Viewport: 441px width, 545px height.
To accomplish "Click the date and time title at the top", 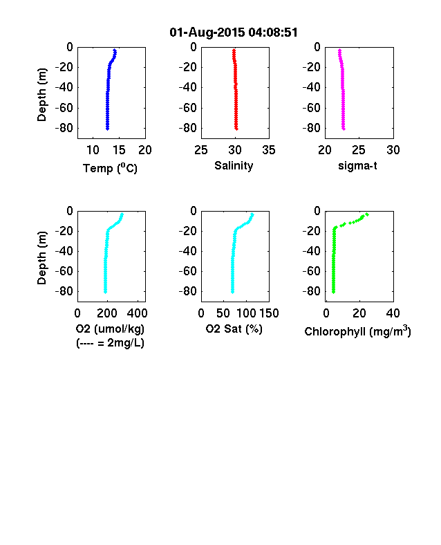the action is tap(234, 33).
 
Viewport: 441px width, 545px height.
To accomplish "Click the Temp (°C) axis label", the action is tap(110, 168).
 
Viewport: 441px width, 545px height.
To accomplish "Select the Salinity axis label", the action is tap(234, 165).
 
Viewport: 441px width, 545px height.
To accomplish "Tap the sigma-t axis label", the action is tap(357, 166).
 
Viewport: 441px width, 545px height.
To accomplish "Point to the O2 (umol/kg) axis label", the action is tap(110, 329).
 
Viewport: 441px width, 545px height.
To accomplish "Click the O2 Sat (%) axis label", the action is tap(234, 329).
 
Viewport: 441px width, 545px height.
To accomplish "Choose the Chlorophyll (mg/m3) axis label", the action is tap(357, 331).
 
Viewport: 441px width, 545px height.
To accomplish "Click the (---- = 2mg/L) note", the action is tap(110, 343).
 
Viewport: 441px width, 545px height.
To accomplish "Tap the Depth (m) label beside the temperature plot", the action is tap(41, 95).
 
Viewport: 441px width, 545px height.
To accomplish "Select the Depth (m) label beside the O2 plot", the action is tap(41, 258).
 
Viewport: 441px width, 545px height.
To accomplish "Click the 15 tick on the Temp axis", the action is tap(119, 150).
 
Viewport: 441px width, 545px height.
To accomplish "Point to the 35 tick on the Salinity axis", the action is tap(269, 150).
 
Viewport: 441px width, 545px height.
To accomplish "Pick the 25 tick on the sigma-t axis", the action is tap(359, 150).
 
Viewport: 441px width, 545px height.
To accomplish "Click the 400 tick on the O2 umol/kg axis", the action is tap(137, 313).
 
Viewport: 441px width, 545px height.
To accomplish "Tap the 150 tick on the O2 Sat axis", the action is tap(269, 313).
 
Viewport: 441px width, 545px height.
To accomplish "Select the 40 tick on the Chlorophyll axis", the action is tap(393, 313).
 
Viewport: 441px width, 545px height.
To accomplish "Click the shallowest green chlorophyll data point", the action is tap(367, 214).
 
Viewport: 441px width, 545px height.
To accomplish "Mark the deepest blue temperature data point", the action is tap(108, 129).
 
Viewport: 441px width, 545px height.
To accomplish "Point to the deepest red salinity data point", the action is tap(236, 129).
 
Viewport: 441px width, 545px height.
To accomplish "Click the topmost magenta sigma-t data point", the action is tap(339, 50).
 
